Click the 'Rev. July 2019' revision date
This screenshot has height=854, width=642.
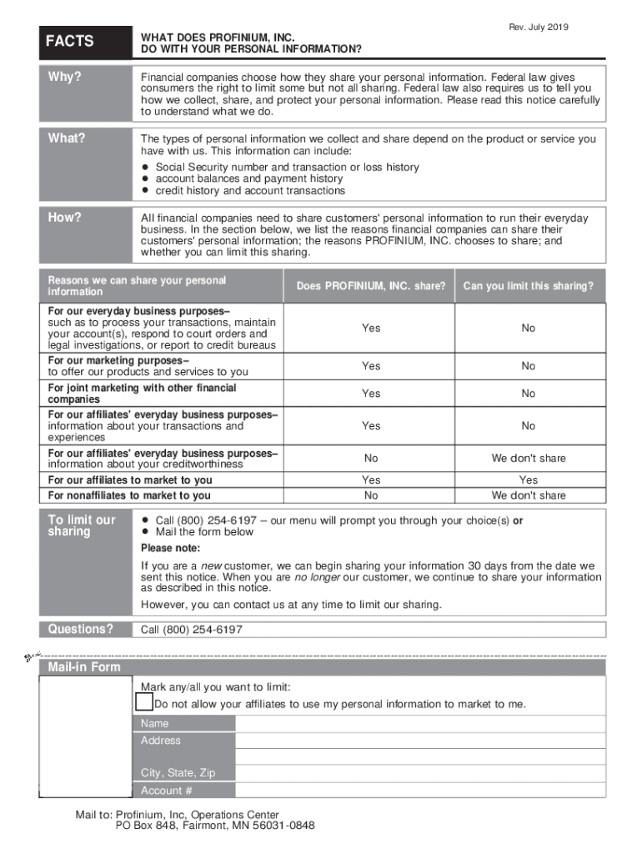coord(539,28)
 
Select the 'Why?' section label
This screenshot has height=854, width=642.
coord(64,77)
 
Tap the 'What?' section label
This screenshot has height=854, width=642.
coord(67,138)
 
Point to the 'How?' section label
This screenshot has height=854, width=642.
coord(65,218)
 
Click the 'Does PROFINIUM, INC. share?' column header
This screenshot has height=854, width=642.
coord(371,286)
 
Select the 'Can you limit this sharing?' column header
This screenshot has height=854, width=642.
coord(529,286)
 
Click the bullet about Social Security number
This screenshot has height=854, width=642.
coord(287,167)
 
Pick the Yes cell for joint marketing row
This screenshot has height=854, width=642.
coord(371,394)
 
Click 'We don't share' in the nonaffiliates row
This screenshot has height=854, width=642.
coord(529,495)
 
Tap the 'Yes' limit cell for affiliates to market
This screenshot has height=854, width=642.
coord(529,480)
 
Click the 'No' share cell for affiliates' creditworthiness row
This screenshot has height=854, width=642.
coord(371,459)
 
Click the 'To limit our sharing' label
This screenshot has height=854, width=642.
coord(82,525)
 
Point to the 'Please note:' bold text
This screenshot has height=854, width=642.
coord(170,548)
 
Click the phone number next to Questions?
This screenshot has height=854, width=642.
coord(192,630)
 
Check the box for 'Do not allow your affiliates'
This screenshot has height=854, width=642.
coord(145,703)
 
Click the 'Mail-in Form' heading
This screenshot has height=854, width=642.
coord(84,667)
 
